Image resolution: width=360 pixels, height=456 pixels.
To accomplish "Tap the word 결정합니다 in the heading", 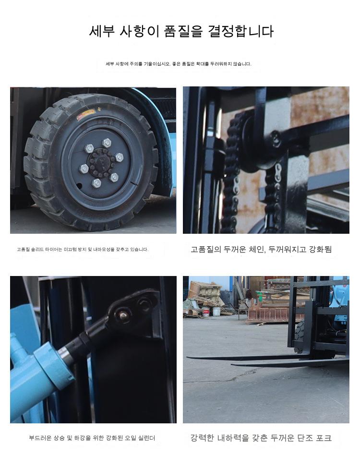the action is coord(241,31).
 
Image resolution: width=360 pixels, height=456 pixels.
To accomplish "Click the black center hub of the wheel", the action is coord(101,163).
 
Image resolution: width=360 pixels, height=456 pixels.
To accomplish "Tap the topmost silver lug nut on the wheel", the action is coord(107,143).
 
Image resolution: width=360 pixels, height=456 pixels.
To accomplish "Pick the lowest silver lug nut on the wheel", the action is coord(96,183).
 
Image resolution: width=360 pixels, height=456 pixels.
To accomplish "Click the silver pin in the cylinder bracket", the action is coord(123,315).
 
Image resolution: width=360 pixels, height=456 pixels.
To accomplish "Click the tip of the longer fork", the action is coord(187,357).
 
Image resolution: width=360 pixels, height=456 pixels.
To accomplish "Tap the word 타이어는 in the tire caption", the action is coord(53,249).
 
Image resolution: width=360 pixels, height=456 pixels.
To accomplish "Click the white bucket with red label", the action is coord(206,312).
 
